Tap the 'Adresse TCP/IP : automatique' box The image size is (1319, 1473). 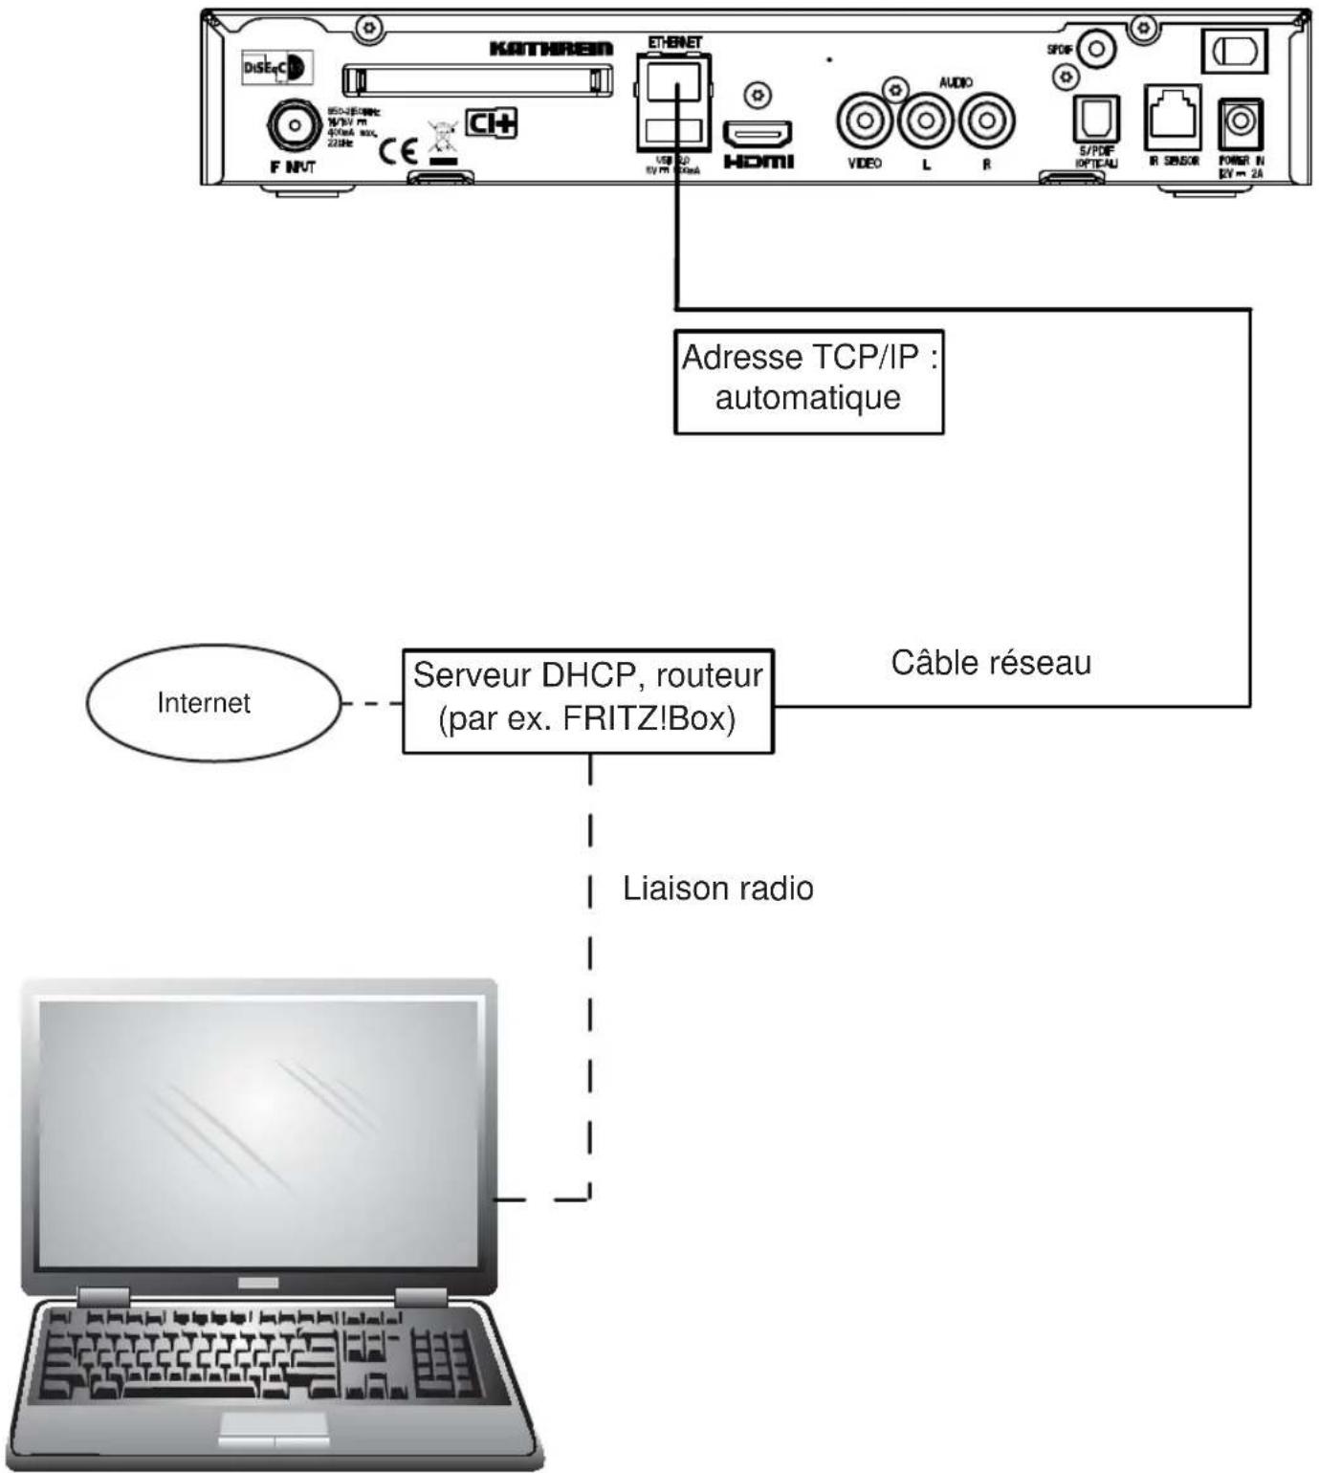coord(808,382)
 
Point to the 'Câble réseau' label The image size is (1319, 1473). coord(991,663)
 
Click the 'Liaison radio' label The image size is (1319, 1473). coord(717,889)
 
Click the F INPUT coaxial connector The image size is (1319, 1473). coord(295,125)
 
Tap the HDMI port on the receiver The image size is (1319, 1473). coord(757,132)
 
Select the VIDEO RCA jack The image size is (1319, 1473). coord(865,121)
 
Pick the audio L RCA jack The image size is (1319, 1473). coord(925,121)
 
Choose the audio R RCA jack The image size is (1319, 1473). coord(986,121)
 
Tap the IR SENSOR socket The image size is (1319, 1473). coord(1173,117)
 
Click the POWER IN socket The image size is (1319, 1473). coord(1241,123)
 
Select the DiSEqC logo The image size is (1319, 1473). coord(275,68)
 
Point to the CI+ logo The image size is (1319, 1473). coord(491,123)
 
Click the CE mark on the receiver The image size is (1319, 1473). coord(398,150)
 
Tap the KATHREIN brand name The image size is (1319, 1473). coord(551,49)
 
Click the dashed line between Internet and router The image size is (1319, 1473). coord(371,704)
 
